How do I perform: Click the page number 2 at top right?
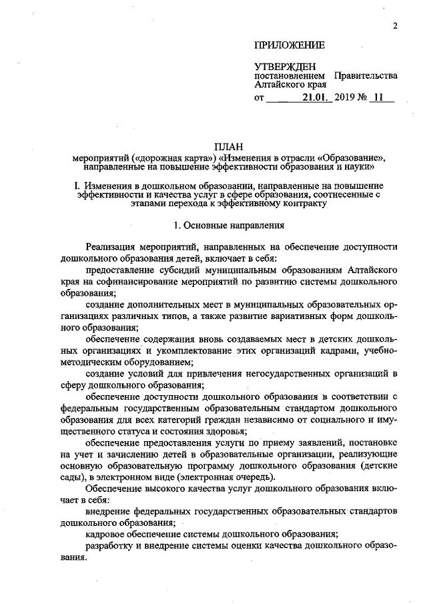(x=395, y=26)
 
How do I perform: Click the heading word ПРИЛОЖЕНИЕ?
(x=289, y=45)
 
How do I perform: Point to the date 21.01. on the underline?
(x=314, y=99)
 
